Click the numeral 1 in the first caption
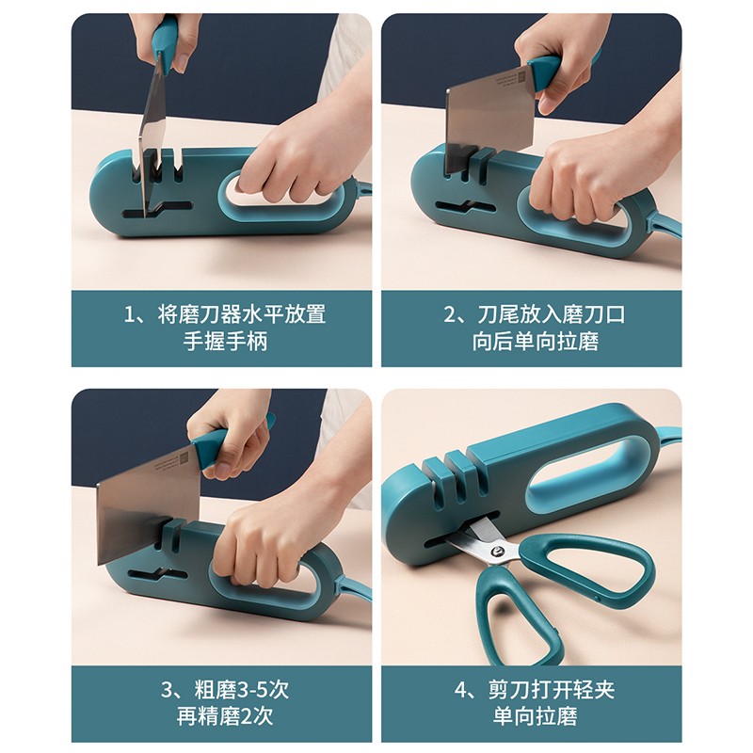[130, 315]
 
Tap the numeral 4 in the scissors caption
[460, 690]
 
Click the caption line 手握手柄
[225, 342]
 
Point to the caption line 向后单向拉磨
[535, 342]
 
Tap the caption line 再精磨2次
[225, 716]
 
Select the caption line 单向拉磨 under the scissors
[535, 716]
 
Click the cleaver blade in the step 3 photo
[147, 505]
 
